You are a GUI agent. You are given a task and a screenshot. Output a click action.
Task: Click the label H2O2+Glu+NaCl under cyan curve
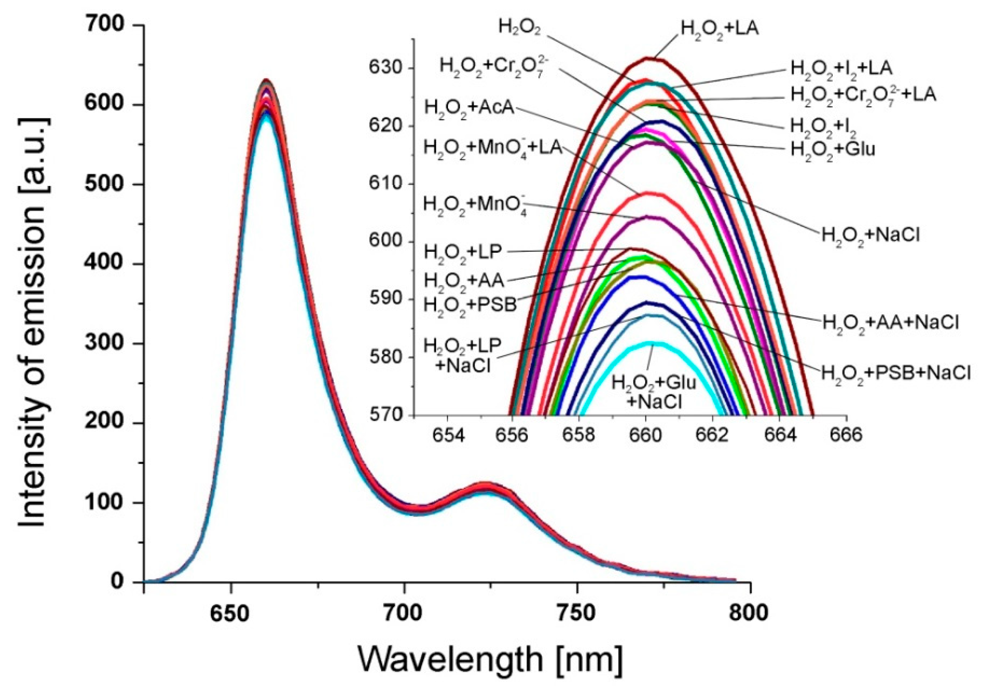[x=654, y=391]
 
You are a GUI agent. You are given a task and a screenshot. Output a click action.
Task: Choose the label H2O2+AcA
[x=469, y=108]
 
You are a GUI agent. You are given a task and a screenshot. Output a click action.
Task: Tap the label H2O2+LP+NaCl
[x=462, y=356]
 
